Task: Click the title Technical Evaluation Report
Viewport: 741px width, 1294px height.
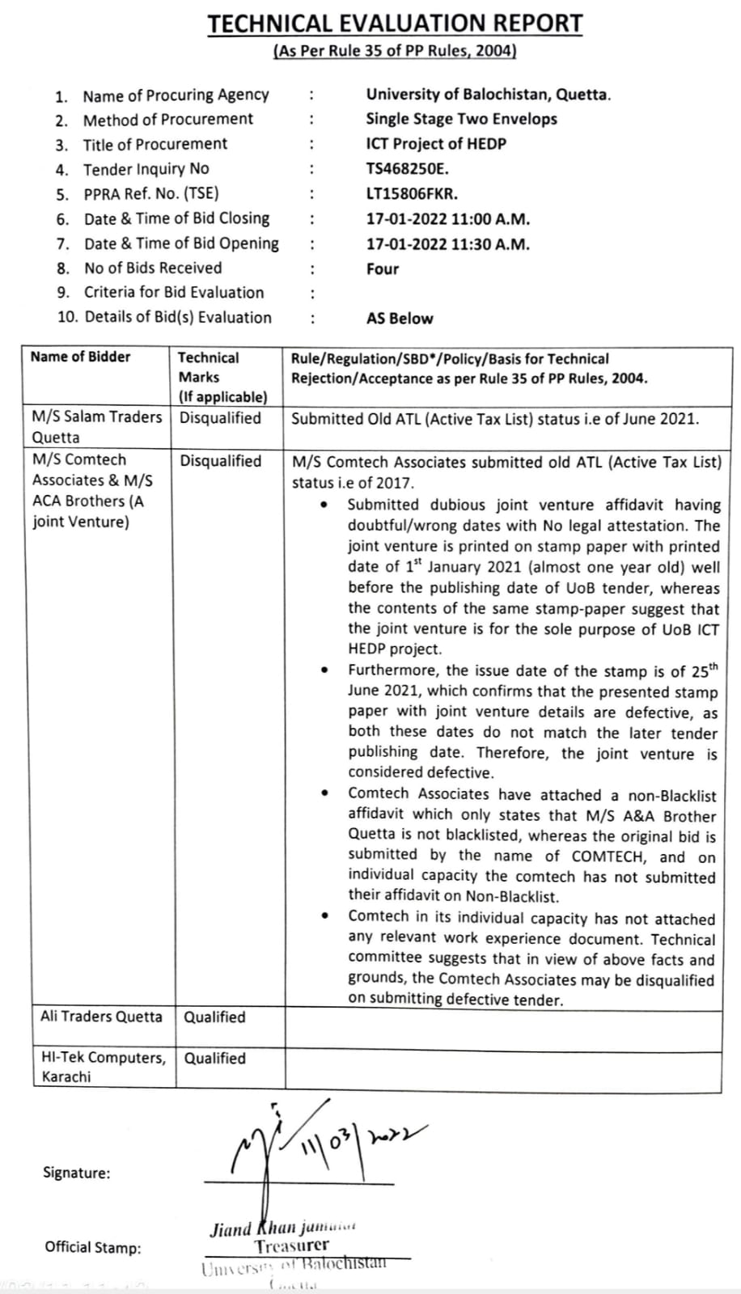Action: point(395,23)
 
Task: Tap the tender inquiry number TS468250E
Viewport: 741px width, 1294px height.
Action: point(407,169)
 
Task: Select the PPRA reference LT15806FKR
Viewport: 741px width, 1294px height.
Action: point(411,194)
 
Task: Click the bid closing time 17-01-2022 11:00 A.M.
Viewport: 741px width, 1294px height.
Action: point(447,219)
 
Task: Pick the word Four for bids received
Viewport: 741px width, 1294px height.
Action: point(383,269)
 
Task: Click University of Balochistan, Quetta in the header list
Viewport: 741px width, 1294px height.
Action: point(488,95)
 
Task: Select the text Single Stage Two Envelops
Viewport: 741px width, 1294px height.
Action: point(461,119)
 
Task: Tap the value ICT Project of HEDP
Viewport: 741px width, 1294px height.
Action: point(435,144)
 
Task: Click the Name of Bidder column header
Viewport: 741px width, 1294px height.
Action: point(80,357)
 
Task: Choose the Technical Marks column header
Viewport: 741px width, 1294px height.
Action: point(209,367)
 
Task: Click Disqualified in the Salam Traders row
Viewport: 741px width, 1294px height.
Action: point(220,418)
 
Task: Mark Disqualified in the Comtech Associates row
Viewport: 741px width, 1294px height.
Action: point(220,461)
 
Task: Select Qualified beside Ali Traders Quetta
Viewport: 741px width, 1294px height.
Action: point(214,1017)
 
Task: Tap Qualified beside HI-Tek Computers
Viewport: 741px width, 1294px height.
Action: point(214,1058)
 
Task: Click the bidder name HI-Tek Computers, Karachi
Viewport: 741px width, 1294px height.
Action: point(103,1067)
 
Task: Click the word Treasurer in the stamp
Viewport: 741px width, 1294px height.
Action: point(292,1246)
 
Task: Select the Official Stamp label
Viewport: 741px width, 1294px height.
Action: point(92,1248)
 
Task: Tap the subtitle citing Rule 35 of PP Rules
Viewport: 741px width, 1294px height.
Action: point(395,51)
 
